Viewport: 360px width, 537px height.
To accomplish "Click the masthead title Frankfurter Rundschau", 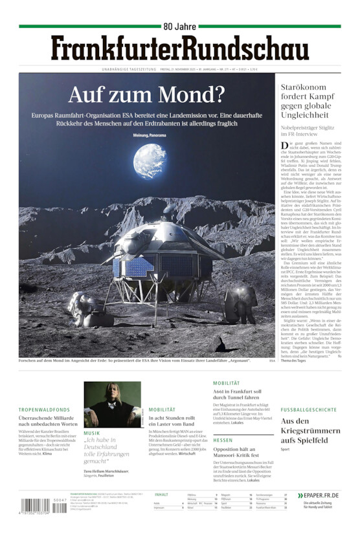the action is (x=179, y=49).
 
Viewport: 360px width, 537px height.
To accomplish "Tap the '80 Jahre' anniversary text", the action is (x=179, y=27).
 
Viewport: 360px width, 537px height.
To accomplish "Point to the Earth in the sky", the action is (x=150, y=162).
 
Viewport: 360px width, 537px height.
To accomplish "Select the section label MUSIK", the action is (x=92, y=433).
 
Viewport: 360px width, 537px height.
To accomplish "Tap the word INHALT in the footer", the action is (x=162, y=494).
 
